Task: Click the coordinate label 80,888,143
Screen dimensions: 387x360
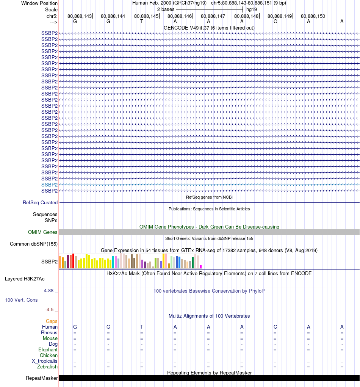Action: pos(80,16)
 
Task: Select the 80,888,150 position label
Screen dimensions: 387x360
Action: pos(313,16)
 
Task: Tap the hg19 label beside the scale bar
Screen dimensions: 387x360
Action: pos(252,9)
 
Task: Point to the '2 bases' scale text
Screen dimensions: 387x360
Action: pos(166,9)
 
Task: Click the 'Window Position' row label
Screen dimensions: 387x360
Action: pos(39,3)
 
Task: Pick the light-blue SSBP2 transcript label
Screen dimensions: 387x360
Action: pos(49,185)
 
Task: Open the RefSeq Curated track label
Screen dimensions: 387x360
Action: pos(40,202)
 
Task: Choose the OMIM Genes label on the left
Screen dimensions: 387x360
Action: pos(43,232)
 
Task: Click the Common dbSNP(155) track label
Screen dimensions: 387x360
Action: pos(34,244)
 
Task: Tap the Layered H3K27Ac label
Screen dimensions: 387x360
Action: pos(25,279)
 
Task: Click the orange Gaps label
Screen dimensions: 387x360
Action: pos(52,321)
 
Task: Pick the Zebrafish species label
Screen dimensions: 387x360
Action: pos(47,367)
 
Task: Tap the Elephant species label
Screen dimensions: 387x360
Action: pos(48,349)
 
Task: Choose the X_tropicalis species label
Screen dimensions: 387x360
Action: pos(45,361)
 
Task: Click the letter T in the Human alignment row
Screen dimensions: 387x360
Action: pos(142,327)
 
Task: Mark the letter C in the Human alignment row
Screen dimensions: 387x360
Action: pos(275,327)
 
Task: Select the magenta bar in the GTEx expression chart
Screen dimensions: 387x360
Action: pos(201,266)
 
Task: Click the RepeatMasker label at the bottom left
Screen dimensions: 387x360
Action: pos(42,378)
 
